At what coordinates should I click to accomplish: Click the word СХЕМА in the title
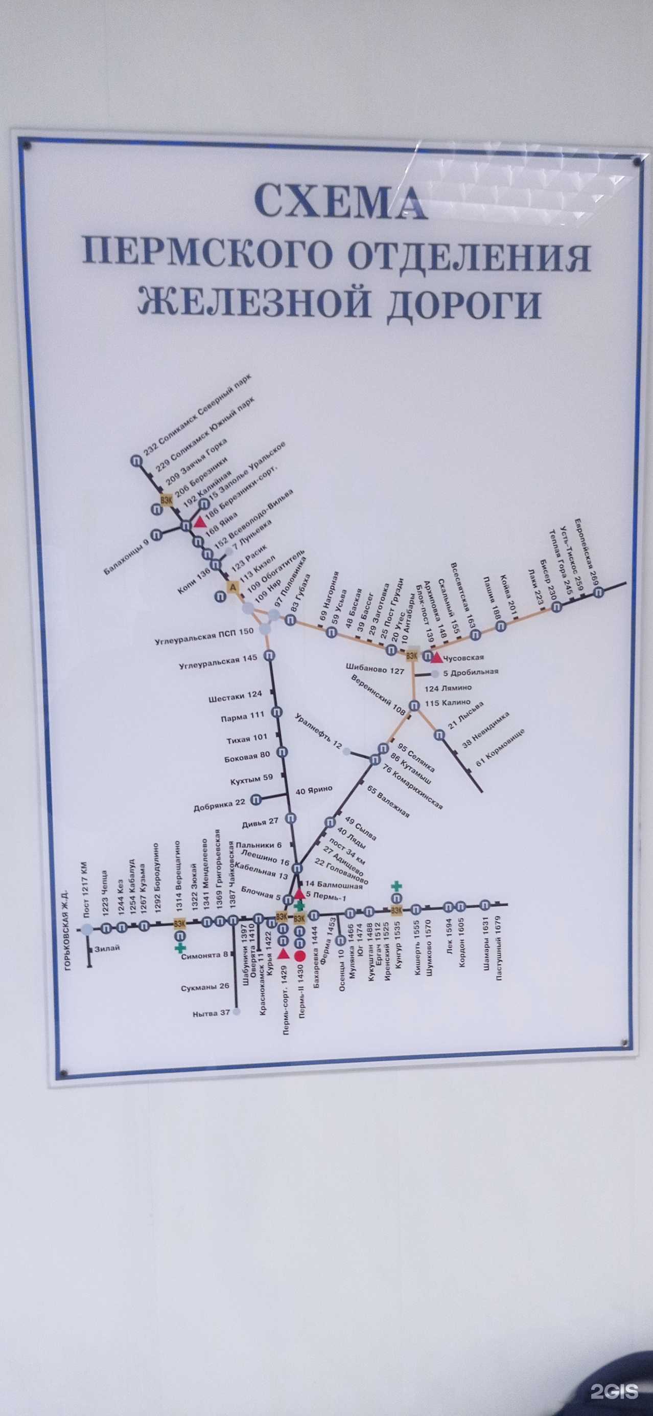pyautogui.click(x=340, y=201)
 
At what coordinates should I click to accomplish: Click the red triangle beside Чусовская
pyautogui.click(x=437, y=657)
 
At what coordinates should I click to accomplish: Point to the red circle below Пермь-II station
pyautogui.click(x=300, y=956)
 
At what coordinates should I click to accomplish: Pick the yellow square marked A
pyautogui.click(x=233, y=588)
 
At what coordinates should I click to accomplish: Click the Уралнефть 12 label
pyautogui.click(x=318, y=732)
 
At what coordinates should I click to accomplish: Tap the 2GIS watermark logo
pyautogui.click(x=614, y=1386)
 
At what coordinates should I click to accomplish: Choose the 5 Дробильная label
pyautogui.click(x=471, y=672)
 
